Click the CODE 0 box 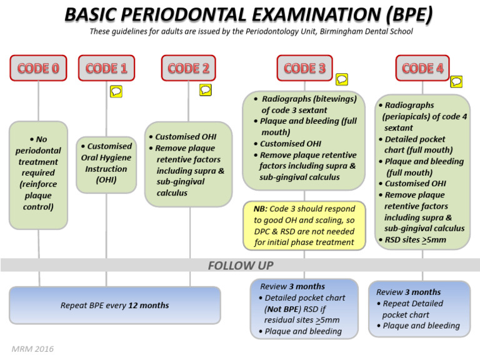click(38, 68)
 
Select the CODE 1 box click(106, 68)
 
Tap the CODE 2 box click(189, 68)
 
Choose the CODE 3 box click(304, 68)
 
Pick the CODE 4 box click(422, 68)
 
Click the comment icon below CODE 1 click(116, 91)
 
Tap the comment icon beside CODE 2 click(206, 90)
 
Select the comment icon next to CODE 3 click(341, 79)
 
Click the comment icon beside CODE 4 click(456, 81)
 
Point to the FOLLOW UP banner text click(240, 266)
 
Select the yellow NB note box click(304, 225)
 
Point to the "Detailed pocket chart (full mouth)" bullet click(423, 144)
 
